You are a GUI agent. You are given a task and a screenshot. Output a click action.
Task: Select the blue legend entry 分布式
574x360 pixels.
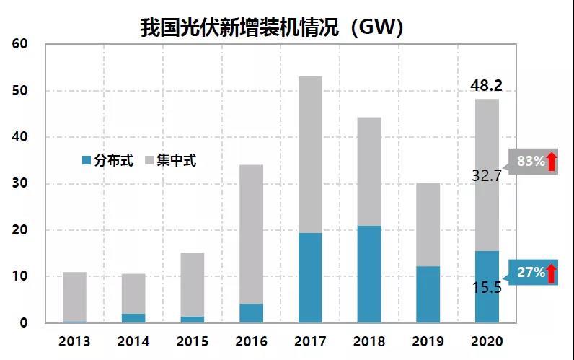pos(108,161)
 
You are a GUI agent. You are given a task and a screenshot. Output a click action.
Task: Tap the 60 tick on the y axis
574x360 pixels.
pos(19,44)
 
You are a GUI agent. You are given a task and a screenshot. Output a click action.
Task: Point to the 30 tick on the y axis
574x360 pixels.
pos(19,184)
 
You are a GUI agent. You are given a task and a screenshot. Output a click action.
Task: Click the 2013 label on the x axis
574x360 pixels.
pos(74,341)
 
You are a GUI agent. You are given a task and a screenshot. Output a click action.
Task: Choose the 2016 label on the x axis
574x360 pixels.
pos(251,341)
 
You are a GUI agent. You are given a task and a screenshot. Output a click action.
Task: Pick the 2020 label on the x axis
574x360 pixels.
pos(487,341)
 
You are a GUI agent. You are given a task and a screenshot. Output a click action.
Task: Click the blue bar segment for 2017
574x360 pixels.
pos(310,278)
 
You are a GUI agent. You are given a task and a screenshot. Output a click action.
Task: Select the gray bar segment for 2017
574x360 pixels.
pos(310,154)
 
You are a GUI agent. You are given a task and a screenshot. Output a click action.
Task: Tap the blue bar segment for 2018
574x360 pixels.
pos(369,274)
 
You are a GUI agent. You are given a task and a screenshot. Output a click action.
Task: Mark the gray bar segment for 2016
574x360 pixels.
pos(251,234)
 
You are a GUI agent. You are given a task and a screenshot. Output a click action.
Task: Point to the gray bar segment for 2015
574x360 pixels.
pos(193,284)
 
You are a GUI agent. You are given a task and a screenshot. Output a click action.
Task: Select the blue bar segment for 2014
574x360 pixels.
pos(133,318)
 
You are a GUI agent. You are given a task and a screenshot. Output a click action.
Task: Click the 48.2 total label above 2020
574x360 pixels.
pos(486,87)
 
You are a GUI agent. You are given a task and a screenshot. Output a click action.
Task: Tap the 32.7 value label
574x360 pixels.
pos(486,174)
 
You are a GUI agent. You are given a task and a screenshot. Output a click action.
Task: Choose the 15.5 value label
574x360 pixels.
pos(486,288)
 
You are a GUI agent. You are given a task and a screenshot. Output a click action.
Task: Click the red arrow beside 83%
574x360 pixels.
pos(552,162)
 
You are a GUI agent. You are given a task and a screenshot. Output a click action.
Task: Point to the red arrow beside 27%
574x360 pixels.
pos(552,273)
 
